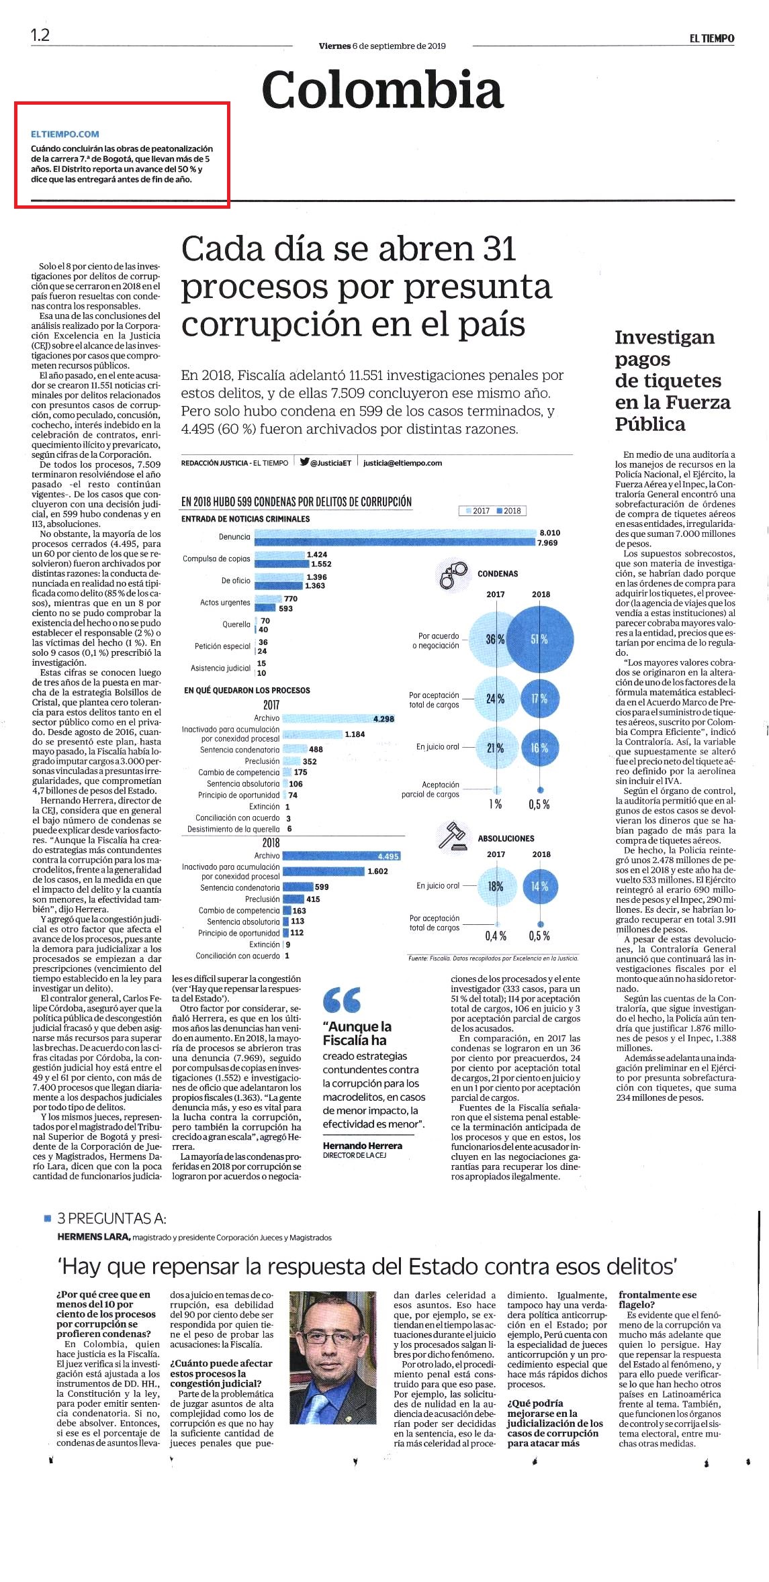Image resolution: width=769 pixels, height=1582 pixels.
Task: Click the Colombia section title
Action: pos(383,91)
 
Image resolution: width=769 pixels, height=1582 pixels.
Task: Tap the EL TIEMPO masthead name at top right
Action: pos(711,39)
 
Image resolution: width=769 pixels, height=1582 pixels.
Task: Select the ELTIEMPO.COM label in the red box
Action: pos(65,134)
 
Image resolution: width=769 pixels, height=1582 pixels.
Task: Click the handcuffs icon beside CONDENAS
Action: pos(452,573)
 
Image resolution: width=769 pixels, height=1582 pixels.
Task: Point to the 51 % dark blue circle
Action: pos(540,640)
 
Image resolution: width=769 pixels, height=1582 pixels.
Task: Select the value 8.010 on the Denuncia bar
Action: pos(549,532)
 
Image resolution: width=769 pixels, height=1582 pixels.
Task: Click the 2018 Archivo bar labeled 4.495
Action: pos(342,856)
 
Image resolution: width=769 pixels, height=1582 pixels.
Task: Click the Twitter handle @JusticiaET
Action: pos(326,462)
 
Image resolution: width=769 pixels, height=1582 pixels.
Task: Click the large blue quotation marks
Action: pos(342,999)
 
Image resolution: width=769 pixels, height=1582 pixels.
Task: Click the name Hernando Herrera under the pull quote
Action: pos(363,1145)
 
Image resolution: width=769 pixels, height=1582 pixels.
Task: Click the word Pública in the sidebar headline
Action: pos(650,424)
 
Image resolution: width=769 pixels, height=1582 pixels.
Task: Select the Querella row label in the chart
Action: pos(236,624)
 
